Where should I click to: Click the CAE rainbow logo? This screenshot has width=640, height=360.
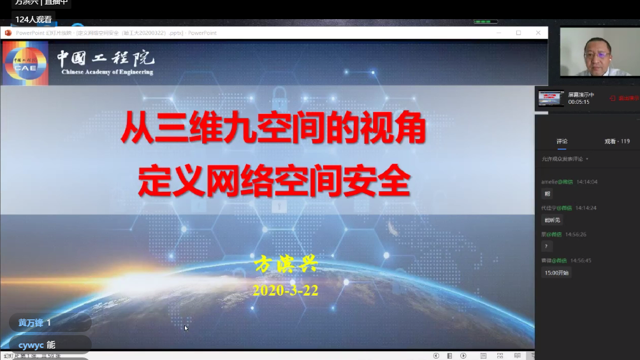click(25, 63)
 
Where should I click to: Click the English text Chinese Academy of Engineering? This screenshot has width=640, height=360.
click(107, 73)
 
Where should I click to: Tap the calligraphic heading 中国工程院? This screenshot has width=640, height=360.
click(105, 59)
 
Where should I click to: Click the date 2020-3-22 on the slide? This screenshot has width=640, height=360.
click(285, 291)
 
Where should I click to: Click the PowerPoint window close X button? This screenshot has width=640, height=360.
click(538, 32)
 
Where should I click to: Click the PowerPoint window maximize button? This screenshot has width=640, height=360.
click(518, 32)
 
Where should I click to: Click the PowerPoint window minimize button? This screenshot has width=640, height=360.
click(498, 32)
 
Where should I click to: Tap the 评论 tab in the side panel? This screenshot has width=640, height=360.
click(562, 141)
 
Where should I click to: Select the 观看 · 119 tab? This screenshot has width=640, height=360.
click(616, 141)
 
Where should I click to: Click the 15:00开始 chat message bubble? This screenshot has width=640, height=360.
click(556, 273)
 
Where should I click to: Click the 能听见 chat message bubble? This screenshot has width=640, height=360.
click(552, 220)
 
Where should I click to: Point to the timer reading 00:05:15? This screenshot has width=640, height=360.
click(579, 102)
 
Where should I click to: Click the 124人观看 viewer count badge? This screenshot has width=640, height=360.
click(34, 19)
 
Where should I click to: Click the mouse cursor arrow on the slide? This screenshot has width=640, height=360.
click(186, 328)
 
